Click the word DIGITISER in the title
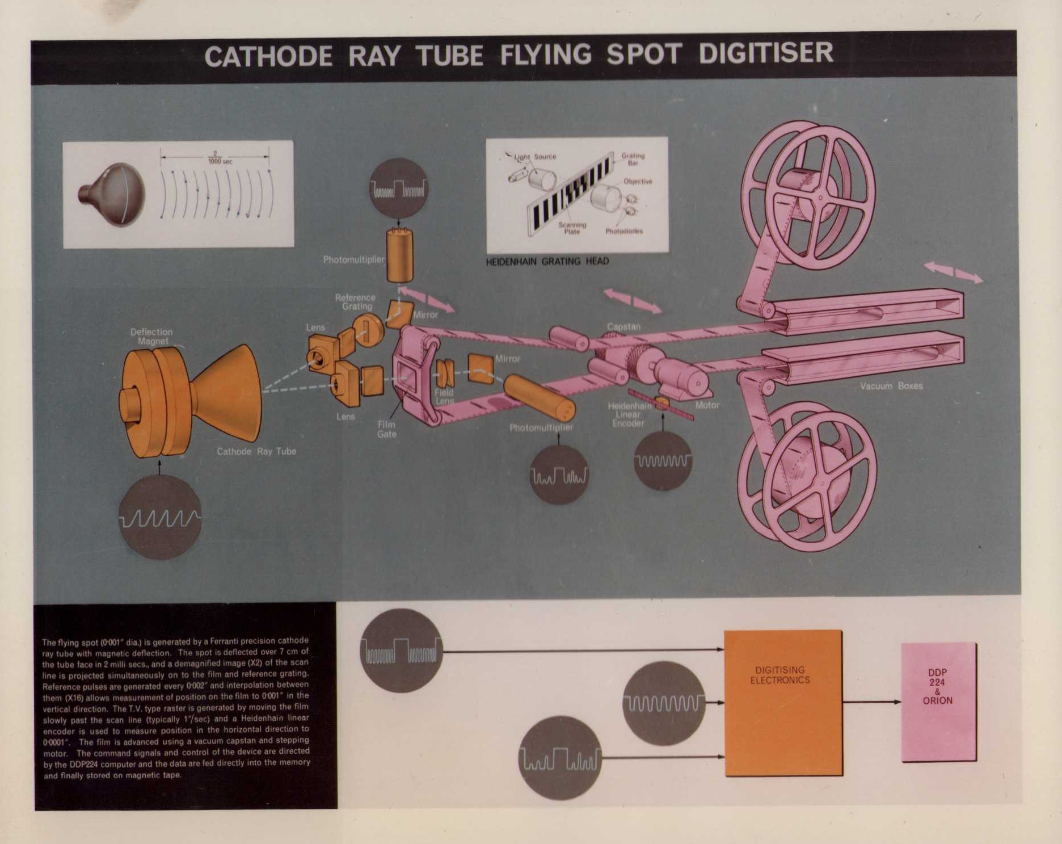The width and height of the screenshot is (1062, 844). (765, 54)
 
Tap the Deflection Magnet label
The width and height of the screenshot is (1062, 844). (151, 336)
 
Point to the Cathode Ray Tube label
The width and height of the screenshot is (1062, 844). (256, 452)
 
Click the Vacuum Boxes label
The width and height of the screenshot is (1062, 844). (891, 386)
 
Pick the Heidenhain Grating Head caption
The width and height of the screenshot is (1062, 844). (547, 262)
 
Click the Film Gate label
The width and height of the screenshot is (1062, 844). (386, 429)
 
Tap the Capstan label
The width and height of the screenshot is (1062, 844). (623, 327)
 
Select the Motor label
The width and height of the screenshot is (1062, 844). (707, 405)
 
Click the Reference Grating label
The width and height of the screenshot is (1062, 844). (355, 302)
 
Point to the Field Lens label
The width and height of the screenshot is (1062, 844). (444, 396)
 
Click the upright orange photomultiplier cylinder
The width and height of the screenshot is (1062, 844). (399, 255)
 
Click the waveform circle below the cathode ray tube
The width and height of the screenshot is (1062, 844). (160, 517)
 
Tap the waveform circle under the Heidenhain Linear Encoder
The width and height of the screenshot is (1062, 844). (663, 460)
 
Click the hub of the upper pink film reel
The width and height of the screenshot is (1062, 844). (820, 198)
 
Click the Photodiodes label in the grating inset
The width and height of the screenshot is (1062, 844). (624, 232)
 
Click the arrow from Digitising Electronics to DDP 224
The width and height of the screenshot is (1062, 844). (871, 702)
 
